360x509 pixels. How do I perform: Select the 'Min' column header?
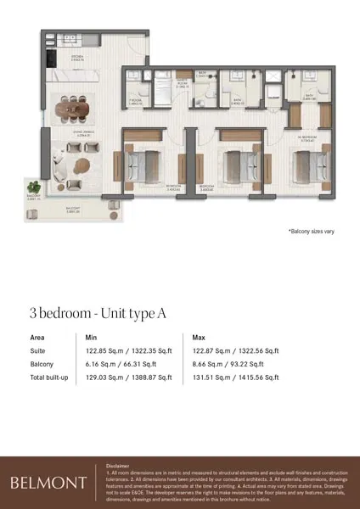pos(92,337)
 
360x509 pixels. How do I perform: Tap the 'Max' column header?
pos(199,337)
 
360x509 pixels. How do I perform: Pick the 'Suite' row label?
pos(39,350)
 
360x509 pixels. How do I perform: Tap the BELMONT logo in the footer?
pos(48,483)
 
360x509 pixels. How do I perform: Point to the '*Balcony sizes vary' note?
pos(312,231)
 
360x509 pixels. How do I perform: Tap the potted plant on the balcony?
pos(34,186)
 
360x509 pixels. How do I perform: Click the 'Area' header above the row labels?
pos(37,337)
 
